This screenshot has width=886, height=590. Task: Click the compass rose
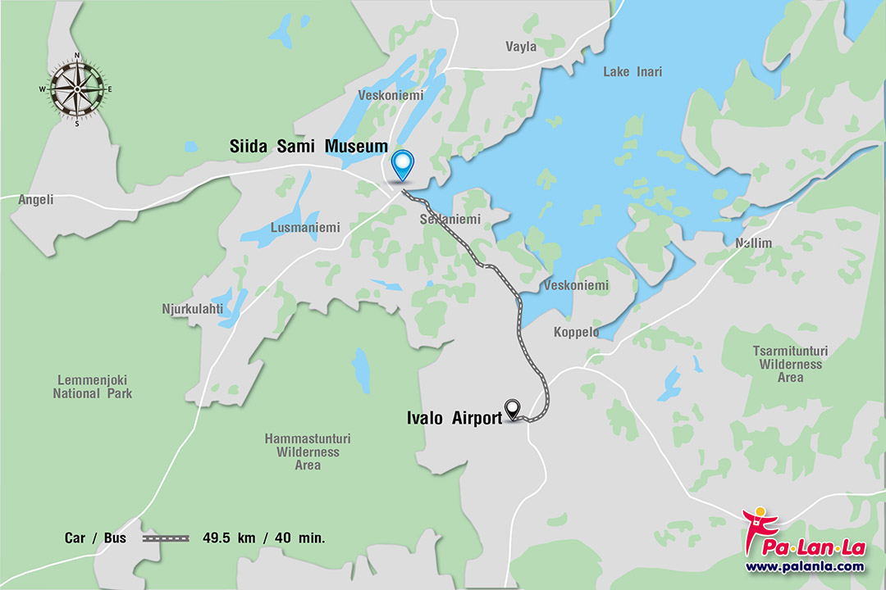[76, 89]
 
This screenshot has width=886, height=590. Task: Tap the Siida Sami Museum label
[308, 147]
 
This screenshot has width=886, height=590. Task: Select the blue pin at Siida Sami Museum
[402, 164]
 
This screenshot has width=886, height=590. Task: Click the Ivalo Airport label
[454, 418]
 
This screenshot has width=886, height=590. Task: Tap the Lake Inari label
[633, 71]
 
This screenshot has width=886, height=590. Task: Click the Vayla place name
[521, 47]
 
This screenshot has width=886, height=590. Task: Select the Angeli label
[35, 199]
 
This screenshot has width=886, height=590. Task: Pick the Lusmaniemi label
[305, 228]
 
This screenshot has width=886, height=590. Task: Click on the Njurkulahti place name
[192, 309]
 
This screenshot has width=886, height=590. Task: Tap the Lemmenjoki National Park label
[93, 387]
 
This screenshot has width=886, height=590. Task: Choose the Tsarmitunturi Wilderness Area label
[790, 364]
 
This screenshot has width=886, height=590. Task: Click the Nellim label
[753, 243]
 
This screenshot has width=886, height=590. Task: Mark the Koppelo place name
[576, 333]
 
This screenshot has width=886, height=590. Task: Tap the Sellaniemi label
[450, 220]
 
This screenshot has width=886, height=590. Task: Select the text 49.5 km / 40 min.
[264, 538]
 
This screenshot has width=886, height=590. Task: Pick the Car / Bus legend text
[96, 538]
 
